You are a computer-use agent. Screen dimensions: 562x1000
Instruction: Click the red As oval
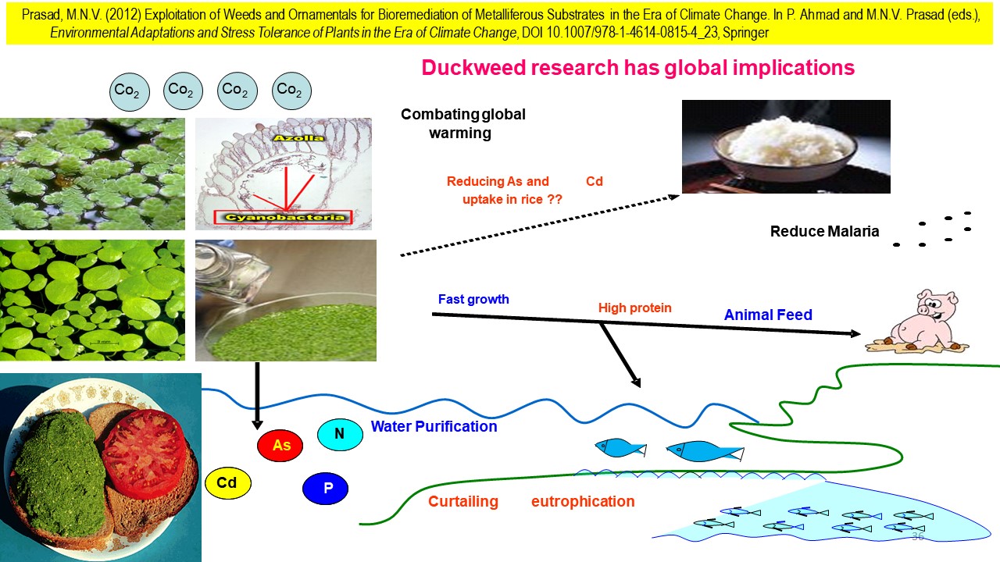281,446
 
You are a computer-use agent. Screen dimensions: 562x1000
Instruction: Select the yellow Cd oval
227,483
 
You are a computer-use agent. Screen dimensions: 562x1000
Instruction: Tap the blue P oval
325,489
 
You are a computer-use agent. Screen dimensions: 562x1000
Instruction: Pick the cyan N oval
340,435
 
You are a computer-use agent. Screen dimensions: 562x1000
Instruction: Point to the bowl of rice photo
786,147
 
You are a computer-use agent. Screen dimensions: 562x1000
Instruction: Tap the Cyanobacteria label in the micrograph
284,218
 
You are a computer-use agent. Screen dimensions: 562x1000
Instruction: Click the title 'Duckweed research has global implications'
637,68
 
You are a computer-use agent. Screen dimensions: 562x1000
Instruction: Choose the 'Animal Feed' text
768,315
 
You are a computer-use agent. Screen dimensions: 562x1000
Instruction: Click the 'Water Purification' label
434,427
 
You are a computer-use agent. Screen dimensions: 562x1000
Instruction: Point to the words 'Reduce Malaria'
824,231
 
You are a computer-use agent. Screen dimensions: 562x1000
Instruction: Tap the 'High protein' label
634,308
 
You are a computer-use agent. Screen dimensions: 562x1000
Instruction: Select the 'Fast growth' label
473,299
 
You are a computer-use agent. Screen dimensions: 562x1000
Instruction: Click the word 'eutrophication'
582,501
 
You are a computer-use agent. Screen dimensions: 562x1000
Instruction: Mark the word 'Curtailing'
462,501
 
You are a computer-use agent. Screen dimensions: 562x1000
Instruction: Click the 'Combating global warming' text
462,123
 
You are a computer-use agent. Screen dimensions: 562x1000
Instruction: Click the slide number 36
917,537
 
